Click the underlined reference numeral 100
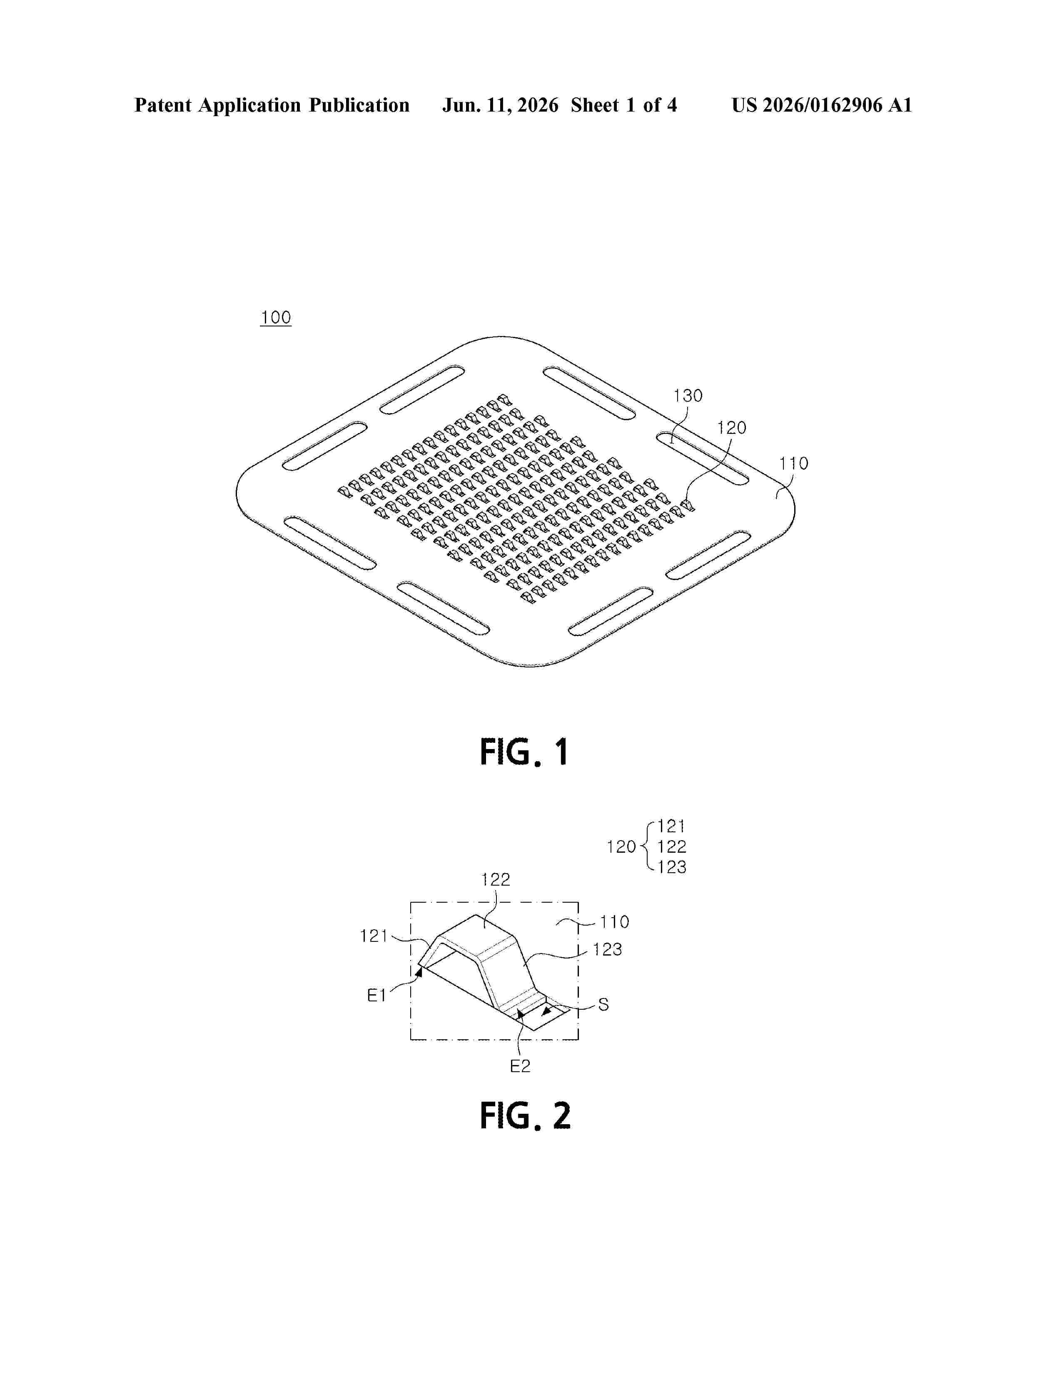click(x=276, y=318)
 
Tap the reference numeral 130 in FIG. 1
click(x=688, y=396)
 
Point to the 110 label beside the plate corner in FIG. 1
click(x=793, y=464)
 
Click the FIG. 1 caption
click(x=524, y=752)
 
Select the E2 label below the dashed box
click(x=520, y=1066)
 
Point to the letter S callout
click(x=603, y=1005)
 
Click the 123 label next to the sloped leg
click(x=607, y=949)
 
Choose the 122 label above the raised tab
click(x=496, y=879)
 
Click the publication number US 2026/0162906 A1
click(x=822, y=105)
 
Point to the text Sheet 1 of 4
click(x=624, y=105)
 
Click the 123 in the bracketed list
click(x=672, y=867)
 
